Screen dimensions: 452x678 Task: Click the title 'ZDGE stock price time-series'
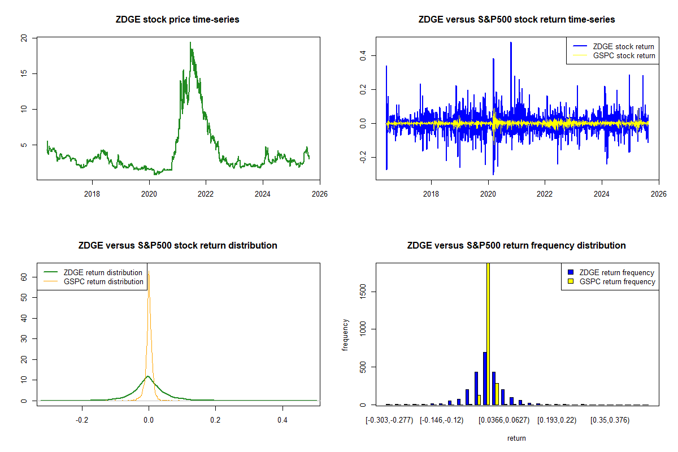pyautogui.click(x=177, y=20)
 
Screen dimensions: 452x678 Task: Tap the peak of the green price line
pyautogui.click(x=190, y=43)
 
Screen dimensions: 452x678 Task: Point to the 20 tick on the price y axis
pyautogui.click(x=24, y=38)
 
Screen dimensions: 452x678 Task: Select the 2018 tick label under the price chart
pyautogui.click(x=92, y=193)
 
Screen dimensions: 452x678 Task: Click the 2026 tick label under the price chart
pyautogui.click(x=319, y=193)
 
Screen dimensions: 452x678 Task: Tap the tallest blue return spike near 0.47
pyautogui.click(x=511, y=43)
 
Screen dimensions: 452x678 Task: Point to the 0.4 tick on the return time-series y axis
pyautogui.click(x=362, y=55)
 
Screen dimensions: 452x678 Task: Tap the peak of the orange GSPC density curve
pyautogui.click(x=149, y=273)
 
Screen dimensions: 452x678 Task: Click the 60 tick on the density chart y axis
pyautogui.click(x=24, y=277)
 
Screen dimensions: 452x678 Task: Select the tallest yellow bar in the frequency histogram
pyautogui.click(x=488, y=333)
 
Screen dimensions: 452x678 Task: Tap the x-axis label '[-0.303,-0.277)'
pyautogui.click(x=389, y=420)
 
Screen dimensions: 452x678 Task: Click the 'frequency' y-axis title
pyautogui.click(x=345, y=335)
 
